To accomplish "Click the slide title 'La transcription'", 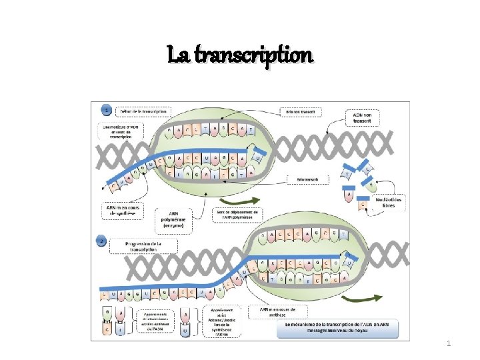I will pyautogui.click(x=240, y=54).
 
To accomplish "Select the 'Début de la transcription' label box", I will pyautogui.click(x=141, y=111).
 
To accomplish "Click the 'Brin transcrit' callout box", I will pyautogui.click(x=307, y=179).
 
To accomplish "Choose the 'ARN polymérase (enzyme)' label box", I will pyautogui.click(x=172, y=219).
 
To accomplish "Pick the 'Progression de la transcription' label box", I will pyautogui.click(x=143, y=245).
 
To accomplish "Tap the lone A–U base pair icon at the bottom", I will pyautogui.click(x=184, y=320).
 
